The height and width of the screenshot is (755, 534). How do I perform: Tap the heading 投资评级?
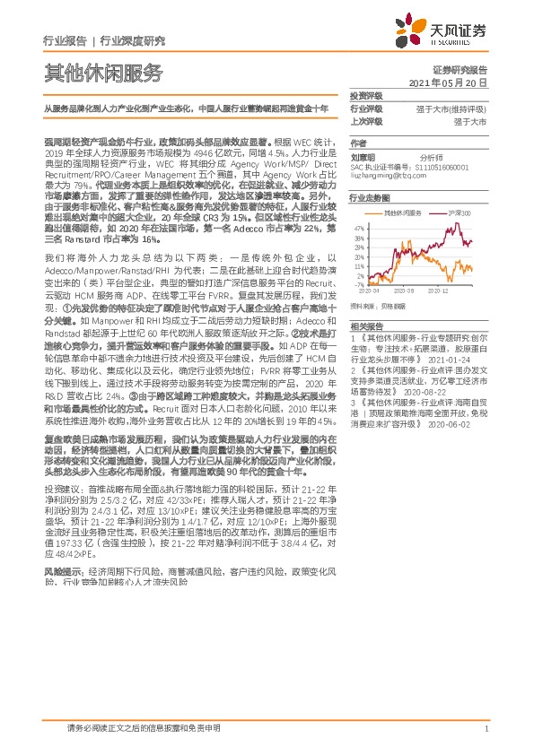[x=366, y=95]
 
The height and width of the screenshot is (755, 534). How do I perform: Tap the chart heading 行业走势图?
[x=369, y=196]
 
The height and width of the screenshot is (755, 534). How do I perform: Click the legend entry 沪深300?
[x=459, y=213]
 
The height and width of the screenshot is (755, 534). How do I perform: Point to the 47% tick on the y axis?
[x=360, y=228]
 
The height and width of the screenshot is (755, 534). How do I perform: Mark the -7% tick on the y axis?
[x=360, y=284]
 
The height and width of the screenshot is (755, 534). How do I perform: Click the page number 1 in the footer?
[x=486, y=729]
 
